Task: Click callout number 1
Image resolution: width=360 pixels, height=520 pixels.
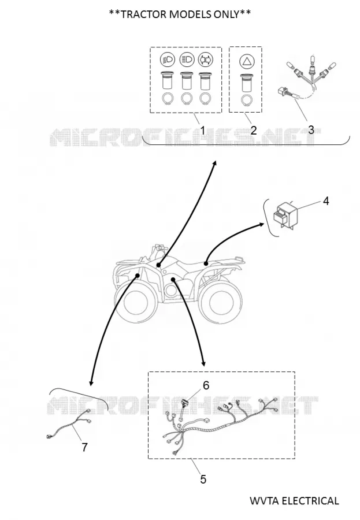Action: pos(202,131)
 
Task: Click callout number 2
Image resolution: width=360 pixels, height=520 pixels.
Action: pos(254,130)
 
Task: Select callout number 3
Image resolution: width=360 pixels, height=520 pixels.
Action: pos(311,129)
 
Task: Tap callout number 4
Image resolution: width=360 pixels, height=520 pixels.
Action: pos(326,200)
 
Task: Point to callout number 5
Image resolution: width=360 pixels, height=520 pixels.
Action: pos(203,479)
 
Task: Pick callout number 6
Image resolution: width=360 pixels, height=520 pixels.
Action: pos(206,385)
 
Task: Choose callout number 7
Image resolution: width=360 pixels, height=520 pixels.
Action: pos(84,447)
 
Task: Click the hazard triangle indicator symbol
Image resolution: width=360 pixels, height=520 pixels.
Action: pos(246,62)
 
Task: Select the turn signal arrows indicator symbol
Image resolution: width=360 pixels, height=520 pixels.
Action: pos(205,60)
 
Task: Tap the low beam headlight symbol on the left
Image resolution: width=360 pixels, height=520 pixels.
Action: pos(168,60)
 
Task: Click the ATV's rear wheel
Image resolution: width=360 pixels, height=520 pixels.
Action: pos(220,301)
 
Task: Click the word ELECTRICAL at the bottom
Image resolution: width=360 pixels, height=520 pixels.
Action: pos(310,500)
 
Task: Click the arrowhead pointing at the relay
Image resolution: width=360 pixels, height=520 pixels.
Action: pos(261,225)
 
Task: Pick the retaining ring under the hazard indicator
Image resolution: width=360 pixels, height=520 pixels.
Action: pos(246,100)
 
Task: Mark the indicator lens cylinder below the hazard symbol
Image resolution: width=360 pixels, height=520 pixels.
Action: pos(246,82)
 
